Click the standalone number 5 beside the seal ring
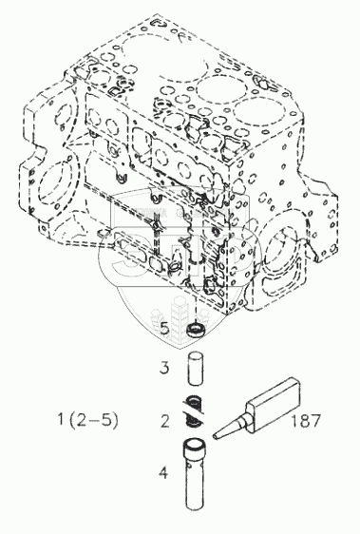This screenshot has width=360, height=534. click(164, 329)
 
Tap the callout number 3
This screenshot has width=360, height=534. click(164, 368)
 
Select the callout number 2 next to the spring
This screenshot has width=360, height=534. click(165, 421)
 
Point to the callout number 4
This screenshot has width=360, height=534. click(163, 472)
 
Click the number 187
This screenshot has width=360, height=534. click(306, 421)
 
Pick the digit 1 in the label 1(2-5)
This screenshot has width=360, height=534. click(61, 420)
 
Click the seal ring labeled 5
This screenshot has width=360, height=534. click(197, 330)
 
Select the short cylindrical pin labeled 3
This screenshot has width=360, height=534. click(196, 370)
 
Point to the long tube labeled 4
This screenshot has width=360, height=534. click(196, 475)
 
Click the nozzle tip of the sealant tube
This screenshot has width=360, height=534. click(216, 436)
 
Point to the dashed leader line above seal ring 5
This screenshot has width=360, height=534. click(197, 309)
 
